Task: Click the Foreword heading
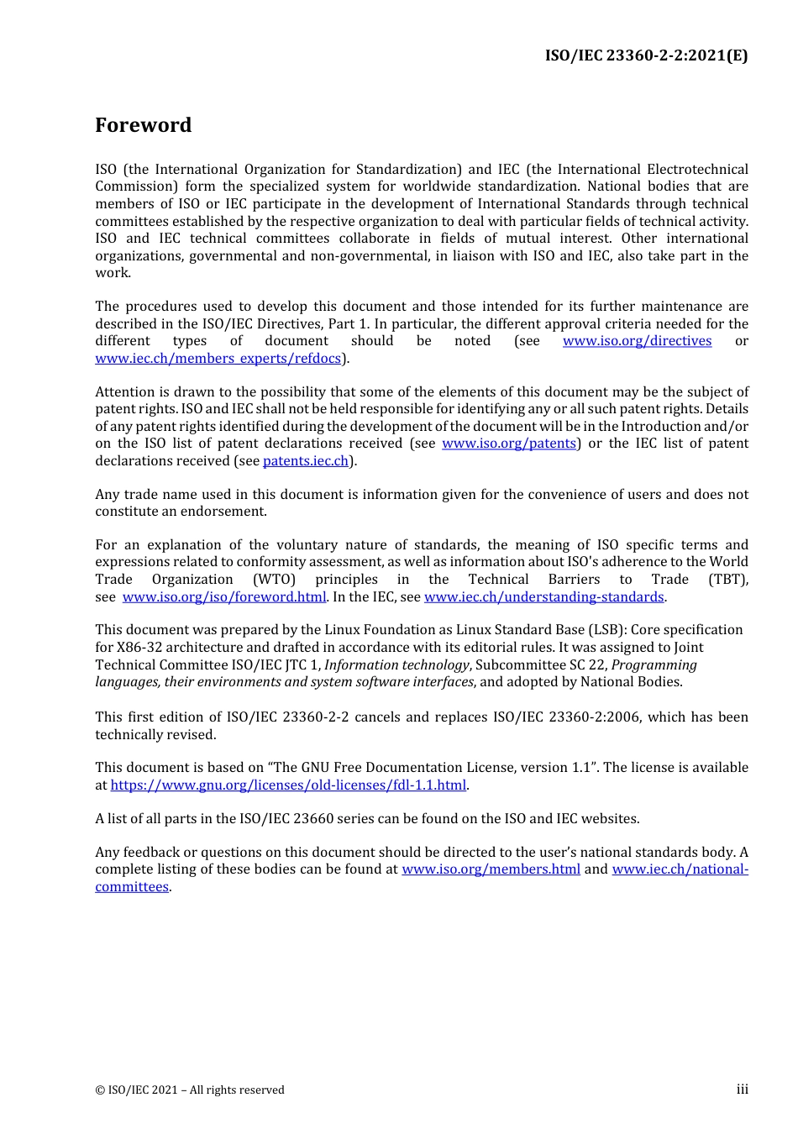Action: coord(143,125)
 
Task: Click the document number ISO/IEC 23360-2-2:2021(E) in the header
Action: coord(646,55)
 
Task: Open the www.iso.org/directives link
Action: coord(637,341)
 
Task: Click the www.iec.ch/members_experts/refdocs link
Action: coord(218,359)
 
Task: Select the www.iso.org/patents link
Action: coord(509,444)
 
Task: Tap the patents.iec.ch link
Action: coord(306,461)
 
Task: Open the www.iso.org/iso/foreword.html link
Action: coord(224,597)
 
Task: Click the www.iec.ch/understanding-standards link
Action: coord(543,597)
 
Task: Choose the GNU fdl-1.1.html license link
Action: coord(288,785)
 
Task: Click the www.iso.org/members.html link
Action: coord(491,869)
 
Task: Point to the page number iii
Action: coord(742,1090)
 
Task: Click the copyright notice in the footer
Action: coord(190,1090)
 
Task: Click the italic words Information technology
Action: coord(396,665)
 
